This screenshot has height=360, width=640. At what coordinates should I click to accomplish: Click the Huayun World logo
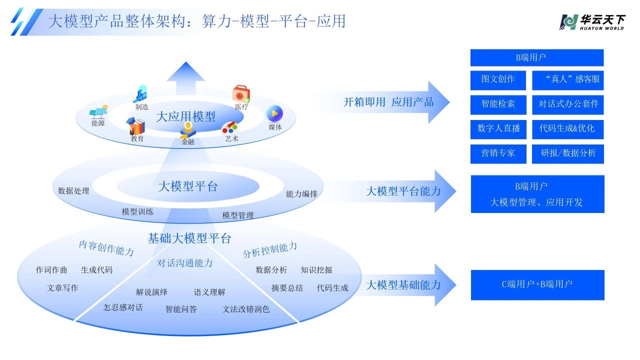point(592,22)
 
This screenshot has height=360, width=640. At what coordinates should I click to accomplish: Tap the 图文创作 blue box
point(498,79)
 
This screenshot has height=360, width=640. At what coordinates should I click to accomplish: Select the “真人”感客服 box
point(568,79)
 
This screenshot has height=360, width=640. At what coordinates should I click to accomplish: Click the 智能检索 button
point(498,104)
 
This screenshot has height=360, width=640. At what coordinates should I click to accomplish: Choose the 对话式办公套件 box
point(568,104)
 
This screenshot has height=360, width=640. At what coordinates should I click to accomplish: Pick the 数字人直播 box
point(498,128)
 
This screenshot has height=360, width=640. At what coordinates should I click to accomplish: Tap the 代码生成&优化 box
point(568,128)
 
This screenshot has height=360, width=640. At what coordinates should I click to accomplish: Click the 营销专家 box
point(498,153)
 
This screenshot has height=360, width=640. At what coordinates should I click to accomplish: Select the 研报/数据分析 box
point(568,153)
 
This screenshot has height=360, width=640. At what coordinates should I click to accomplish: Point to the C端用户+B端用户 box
point(537,284)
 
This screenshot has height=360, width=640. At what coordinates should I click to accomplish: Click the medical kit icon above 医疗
point(241,94)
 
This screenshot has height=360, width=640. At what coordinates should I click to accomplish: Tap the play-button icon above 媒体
point(274,113)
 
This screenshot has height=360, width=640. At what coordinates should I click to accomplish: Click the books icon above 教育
point(136,126)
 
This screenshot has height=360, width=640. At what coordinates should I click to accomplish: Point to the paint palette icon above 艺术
point(230,127)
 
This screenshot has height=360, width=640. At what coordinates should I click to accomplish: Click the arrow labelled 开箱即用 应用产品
point(385,102)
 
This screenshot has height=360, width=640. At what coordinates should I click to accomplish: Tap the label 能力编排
point(301,194)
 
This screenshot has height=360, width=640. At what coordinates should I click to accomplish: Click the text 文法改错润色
point(246,309)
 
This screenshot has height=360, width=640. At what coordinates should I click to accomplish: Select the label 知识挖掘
point(316,270)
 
